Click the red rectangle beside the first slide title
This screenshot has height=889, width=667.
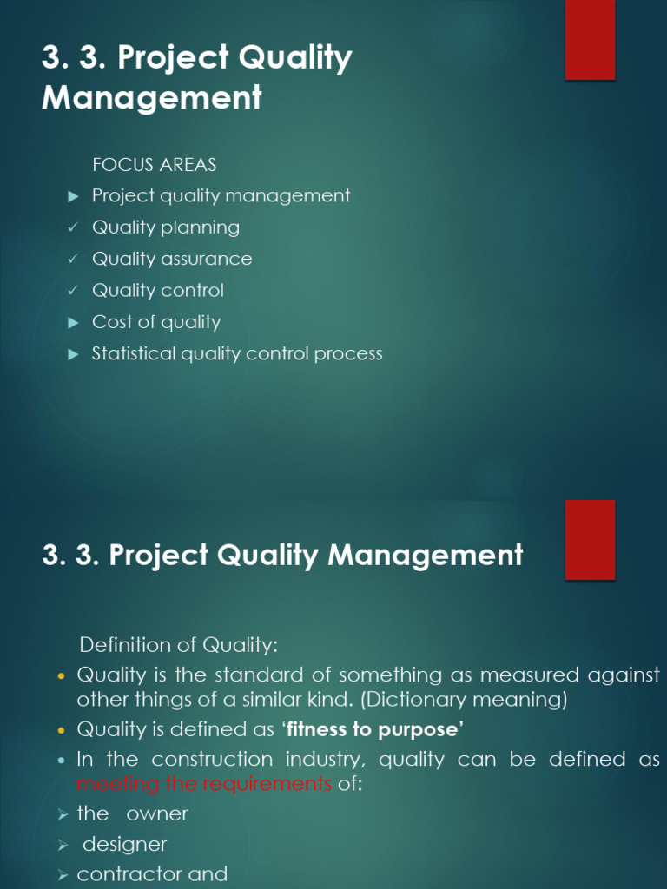(591, 40)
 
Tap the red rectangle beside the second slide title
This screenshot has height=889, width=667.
(591, 539)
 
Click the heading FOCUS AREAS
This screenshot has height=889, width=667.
(155, 164)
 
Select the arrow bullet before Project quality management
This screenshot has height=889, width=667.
(74, 196)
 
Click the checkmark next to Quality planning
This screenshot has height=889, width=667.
(74, 228)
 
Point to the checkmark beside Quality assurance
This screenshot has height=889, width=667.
(74, 260)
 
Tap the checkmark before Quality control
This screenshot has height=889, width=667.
(74, 291)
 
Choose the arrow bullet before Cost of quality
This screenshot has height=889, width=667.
(74, 323)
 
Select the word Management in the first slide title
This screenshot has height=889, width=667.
(152, 97)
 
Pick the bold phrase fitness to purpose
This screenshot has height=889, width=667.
(375, 729)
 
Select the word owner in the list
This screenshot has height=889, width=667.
(157, 814)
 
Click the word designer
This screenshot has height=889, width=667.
(125, 844)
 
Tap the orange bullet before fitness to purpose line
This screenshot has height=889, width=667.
(61, 730)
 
